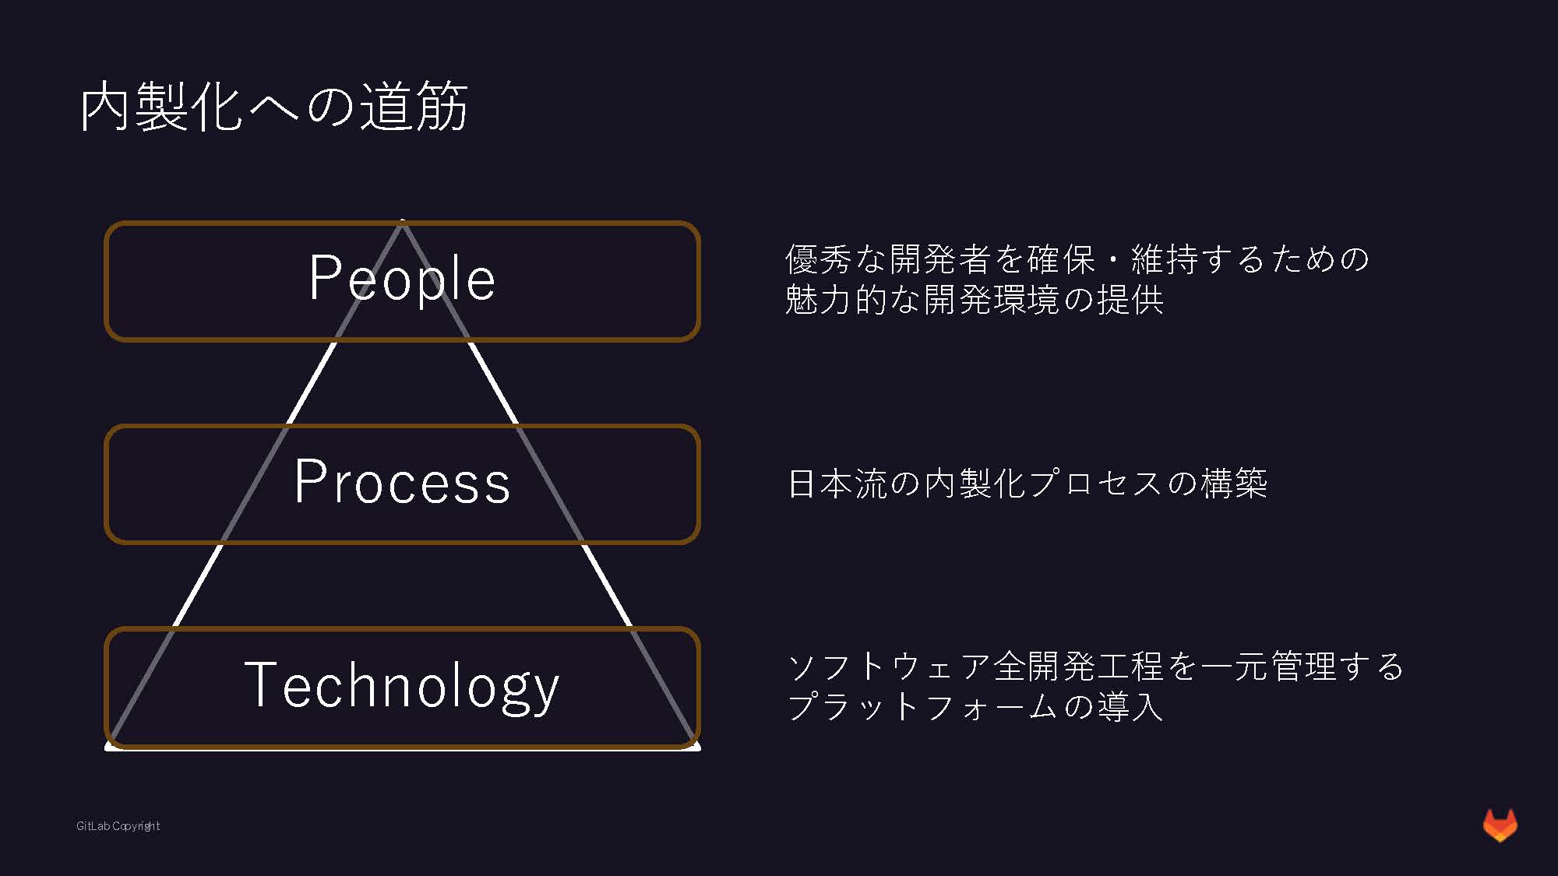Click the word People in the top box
402,278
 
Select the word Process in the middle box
402,482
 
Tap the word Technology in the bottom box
402,685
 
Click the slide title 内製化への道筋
273,106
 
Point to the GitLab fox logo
1500,825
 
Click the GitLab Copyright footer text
118,826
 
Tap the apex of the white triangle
402,222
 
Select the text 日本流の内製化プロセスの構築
1028,484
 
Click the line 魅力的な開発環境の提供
974,300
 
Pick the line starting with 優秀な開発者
1077,259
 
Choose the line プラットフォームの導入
975,707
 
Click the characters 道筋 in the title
413,106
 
